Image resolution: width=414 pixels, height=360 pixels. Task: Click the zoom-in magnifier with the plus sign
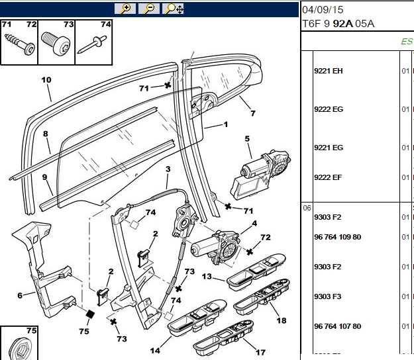click(125, 9)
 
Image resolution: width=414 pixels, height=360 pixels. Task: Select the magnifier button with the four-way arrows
click(173, 9)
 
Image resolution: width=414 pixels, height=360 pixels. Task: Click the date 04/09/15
click(323, 10)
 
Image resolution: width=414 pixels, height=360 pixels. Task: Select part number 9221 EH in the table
click(328, 71)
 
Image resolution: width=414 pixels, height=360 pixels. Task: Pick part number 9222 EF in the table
click(328, 177)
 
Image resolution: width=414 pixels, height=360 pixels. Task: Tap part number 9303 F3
click(327, 296)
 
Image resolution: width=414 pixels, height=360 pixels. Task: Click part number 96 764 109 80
click(337, 237)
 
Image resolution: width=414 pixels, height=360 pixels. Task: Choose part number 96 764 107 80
click(337, 326)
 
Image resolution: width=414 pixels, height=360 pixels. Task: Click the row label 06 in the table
click(307, 208)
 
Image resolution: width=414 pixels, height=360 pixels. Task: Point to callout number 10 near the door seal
click(46, 80)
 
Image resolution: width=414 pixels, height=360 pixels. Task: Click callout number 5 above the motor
click(247, 138)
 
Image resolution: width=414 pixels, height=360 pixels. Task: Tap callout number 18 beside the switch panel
click(282, 320)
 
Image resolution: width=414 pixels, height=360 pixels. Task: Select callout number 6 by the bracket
click(20, 295)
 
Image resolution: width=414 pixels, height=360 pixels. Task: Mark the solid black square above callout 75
click(90, 314)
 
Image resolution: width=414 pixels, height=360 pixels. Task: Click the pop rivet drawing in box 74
click(92, 44)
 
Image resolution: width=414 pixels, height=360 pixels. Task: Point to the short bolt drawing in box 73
click(56, 44)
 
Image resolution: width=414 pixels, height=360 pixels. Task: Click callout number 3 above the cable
click(168, 169)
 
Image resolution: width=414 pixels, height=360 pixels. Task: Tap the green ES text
click(407, 42)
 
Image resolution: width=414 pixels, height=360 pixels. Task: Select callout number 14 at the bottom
click(155, 351)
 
